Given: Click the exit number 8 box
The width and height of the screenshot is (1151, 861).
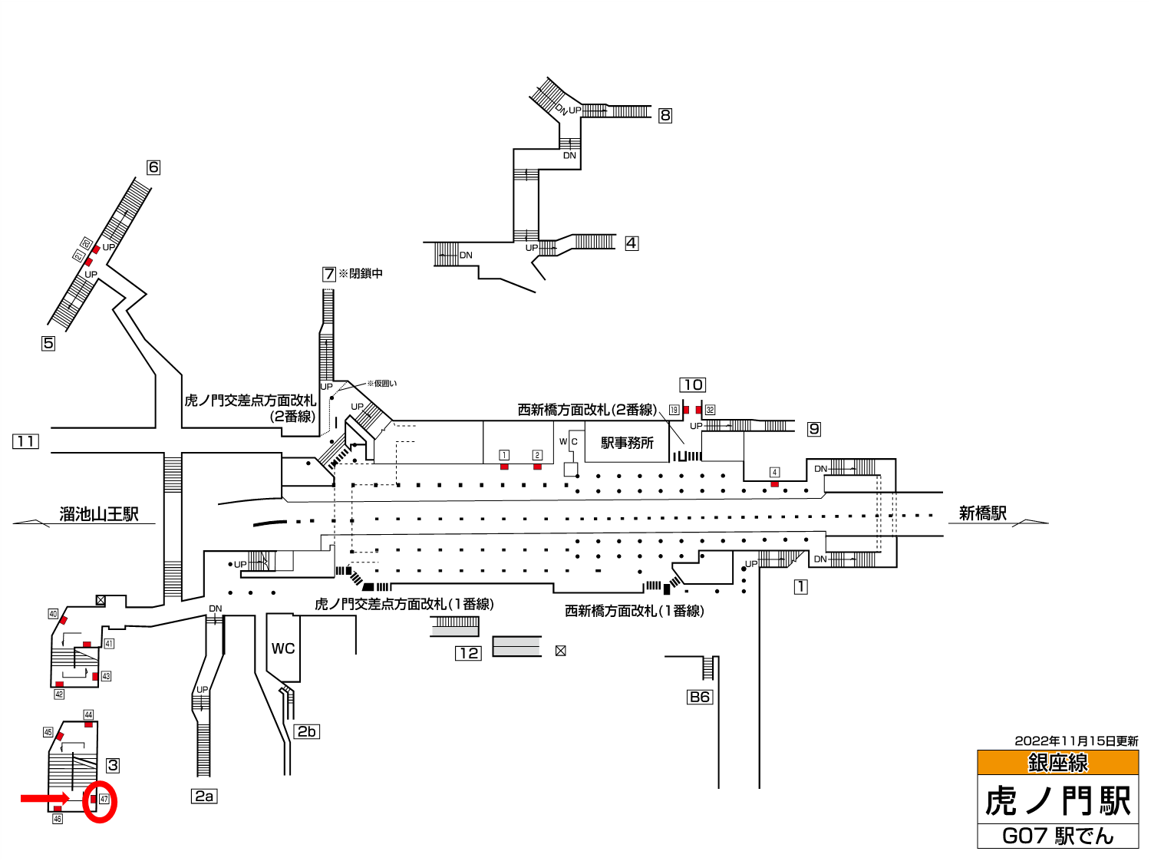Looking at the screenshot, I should point(665,115).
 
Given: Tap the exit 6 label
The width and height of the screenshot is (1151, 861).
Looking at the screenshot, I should point(153,167).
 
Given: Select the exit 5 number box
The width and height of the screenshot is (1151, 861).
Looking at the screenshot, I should point(48,343).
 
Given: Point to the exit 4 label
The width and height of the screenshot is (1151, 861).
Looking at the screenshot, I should point(632,243).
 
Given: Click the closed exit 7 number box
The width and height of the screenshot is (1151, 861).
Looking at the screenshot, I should point(329,274).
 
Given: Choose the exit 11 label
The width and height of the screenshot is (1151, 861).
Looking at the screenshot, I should point(25,441).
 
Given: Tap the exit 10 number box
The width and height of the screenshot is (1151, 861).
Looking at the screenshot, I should point(693,385).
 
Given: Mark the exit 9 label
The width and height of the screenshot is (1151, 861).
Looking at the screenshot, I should point(814,429).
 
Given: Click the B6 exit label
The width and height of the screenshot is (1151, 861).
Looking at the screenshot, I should point(700,697).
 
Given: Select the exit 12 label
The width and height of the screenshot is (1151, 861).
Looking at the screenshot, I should point(468,653).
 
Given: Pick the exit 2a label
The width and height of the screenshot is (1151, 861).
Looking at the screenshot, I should point(204,797).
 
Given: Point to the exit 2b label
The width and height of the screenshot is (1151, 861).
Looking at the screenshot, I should point(307,731).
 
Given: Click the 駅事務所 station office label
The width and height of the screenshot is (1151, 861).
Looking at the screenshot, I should point(628,443).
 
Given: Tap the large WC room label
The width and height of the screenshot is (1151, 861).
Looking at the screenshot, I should point(283,648).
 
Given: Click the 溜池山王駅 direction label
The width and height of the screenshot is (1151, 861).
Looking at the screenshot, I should point(99,513).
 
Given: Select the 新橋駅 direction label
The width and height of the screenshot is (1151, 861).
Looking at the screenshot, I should point(982,513).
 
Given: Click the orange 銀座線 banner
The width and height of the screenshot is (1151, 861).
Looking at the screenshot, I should point(1057,763).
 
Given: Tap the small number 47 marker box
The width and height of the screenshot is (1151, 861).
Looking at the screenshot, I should point(104,800).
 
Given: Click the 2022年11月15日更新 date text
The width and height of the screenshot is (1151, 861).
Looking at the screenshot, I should point(1076,741).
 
